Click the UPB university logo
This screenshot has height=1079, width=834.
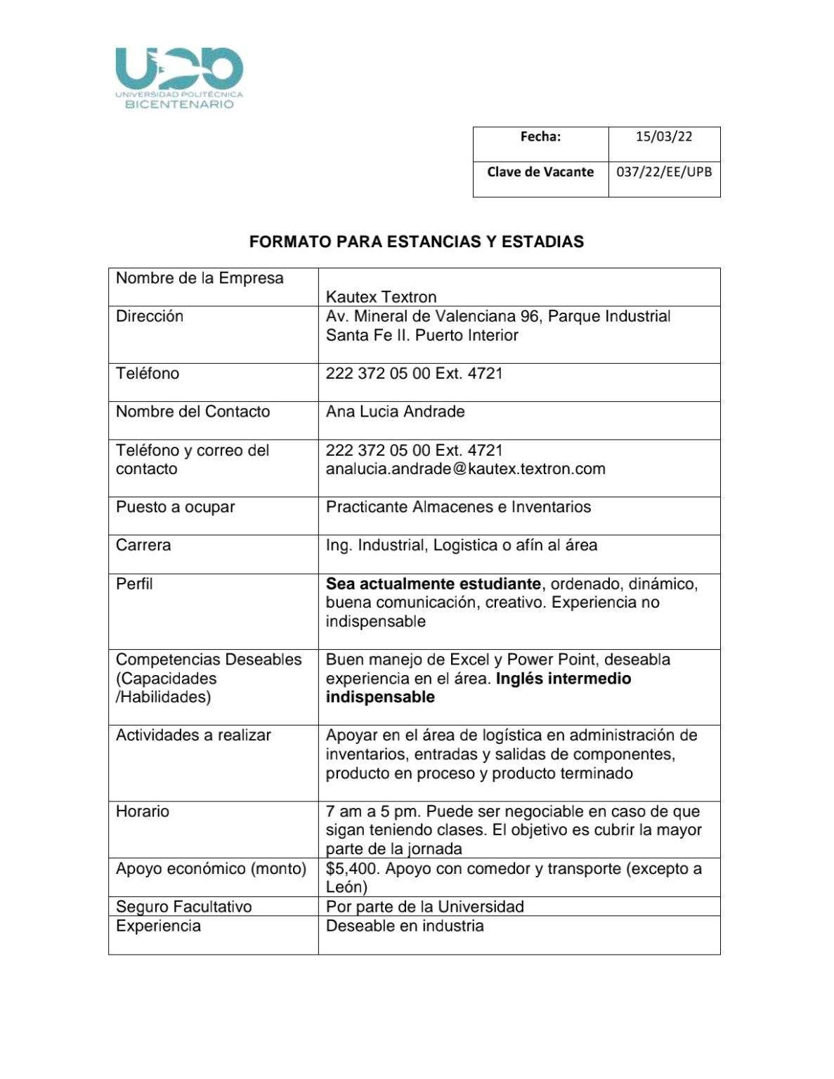click(179, 77)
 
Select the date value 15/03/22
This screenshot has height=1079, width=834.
click(663, 137)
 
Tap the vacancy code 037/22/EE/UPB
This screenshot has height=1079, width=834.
click(663, 172)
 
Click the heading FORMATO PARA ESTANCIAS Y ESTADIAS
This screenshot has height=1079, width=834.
click(416, 242)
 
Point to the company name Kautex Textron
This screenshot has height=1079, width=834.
click(381, 297)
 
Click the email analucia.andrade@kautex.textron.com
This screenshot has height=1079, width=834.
click(465, 469)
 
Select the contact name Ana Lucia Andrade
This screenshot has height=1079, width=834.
click(395, 412)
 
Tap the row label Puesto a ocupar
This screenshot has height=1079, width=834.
click(175, 507)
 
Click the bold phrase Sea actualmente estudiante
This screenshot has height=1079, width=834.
click(433, 584)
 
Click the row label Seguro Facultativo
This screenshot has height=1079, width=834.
click(183, 907)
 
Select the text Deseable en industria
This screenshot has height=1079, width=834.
click(405, 926)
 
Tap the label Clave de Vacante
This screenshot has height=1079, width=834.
click(540, 172)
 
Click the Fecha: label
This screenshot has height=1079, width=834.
click(540, 137)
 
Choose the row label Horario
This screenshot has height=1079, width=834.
click(143, 811)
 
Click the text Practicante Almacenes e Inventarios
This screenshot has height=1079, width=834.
click(458, 507)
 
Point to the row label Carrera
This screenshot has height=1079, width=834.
click(143, 545)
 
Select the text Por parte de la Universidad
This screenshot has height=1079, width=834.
click(424, 907)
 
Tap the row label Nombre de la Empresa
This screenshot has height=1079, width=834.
click(200, 278)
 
